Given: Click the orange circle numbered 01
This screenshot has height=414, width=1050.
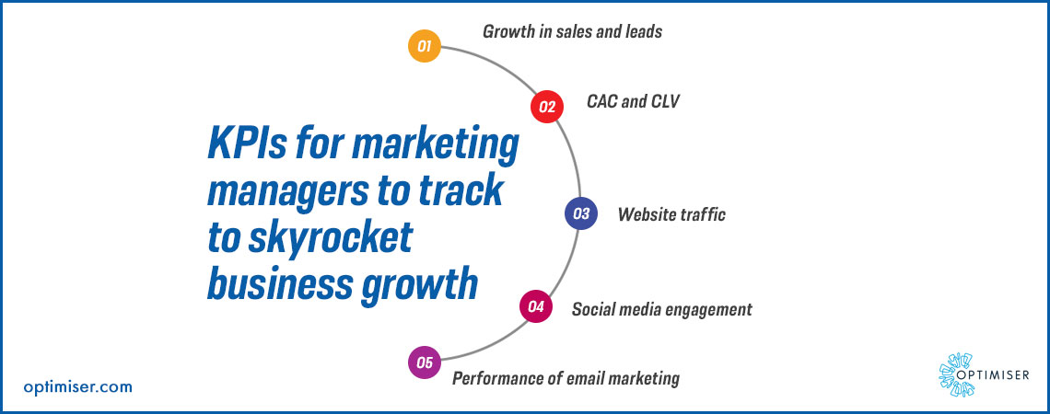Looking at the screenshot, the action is coord(425,47).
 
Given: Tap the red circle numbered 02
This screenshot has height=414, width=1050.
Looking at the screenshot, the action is coord(547,107).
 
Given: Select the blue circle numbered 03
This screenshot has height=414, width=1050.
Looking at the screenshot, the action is coord(580,214).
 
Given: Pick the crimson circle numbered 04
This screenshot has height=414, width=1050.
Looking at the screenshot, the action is coord(536,307).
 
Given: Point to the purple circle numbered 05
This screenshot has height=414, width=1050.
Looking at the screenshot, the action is coord(425,363).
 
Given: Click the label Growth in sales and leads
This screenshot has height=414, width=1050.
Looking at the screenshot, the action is coord(572,31).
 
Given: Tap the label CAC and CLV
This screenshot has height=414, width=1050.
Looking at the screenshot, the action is coord(634,102).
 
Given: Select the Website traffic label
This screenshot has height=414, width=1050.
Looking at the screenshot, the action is coord(671,214).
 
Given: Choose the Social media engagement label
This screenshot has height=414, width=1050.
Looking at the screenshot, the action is coord(661,310).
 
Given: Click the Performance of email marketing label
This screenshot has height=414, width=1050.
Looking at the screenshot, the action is coord(566,378).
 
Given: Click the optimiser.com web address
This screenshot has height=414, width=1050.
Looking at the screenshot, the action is coord(77,386).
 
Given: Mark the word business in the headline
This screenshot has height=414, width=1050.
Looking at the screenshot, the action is coord(280,284).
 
